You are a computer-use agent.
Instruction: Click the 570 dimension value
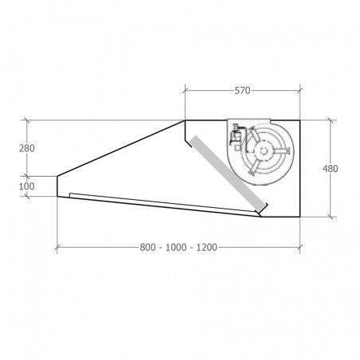pos(242,91)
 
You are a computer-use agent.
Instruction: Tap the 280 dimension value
pos(27,148)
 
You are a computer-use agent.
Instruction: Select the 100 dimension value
pos(27,186)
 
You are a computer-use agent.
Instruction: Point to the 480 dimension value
pos(331,169)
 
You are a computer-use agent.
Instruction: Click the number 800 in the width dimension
pos(147,248)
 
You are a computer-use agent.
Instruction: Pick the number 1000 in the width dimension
pos(176,248)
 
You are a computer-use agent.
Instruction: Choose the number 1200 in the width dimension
pos(207,248)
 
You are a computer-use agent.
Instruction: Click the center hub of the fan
pos(264,151)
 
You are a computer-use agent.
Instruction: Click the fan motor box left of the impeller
pos(236,137)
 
